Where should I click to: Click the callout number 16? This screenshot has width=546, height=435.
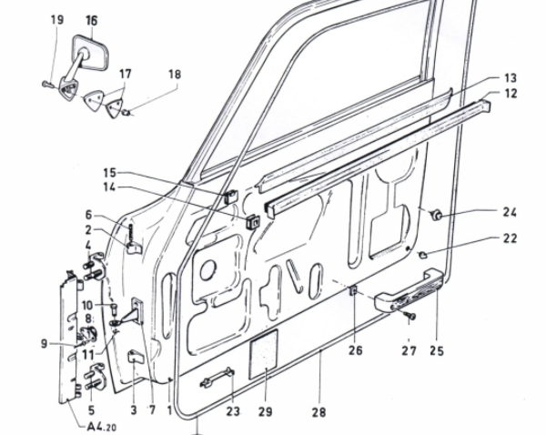click(92, 20)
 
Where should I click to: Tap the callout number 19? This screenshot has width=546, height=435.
click(56, 20)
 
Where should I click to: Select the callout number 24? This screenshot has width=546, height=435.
click(509, 213)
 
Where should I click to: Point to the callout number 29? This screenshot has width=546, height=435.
click(265, 411)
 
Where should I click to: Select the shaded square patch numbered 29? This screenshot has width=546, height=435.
click(262, 352)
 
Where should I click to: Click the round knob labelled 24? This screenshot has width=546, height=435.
click(437, 215)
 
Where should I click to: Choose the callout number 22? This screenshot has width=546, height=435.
click(509, 238)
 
